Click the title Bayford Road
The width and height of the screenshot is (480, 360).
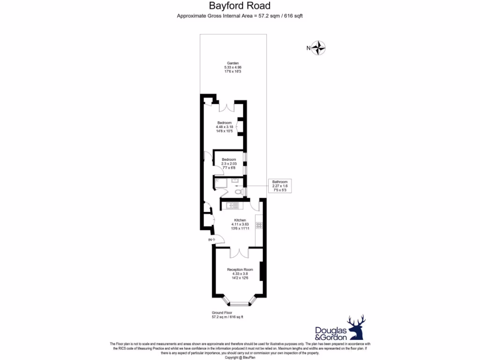coord(240,6)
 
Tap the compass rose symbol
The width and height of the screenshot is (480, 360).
coord(319,48)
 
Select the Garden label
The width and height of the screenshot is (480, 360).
coord(233,63)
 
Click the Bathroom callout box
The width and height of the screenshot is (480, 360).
coord(280,186)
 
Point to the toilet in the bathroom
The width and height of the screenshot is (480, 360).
coord(239,191)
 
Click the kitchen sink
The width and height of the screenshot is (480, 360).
coord(232,205)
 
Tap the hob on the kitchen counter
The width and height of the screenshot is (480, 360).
coord(258,225)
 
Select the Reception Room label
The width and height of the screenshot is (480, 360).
coord(240,270)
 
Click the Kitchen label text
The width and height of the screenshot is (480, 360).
coord(240,220)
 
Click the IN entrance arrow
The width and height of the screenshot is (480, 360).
coord(210,240)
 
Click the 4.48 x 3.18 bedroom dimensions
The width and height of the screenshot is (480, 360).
coord(224,127)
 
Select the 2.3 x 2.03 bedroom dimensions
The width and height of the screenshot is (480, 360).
coord(229,163)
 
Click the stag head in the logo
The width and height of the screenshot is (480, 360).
coord(356,327)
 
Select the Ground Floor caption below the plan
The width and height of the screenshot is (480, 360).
coord(222,313)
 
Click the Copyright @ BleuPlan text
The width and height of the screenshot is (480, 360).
coord(240,358)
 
